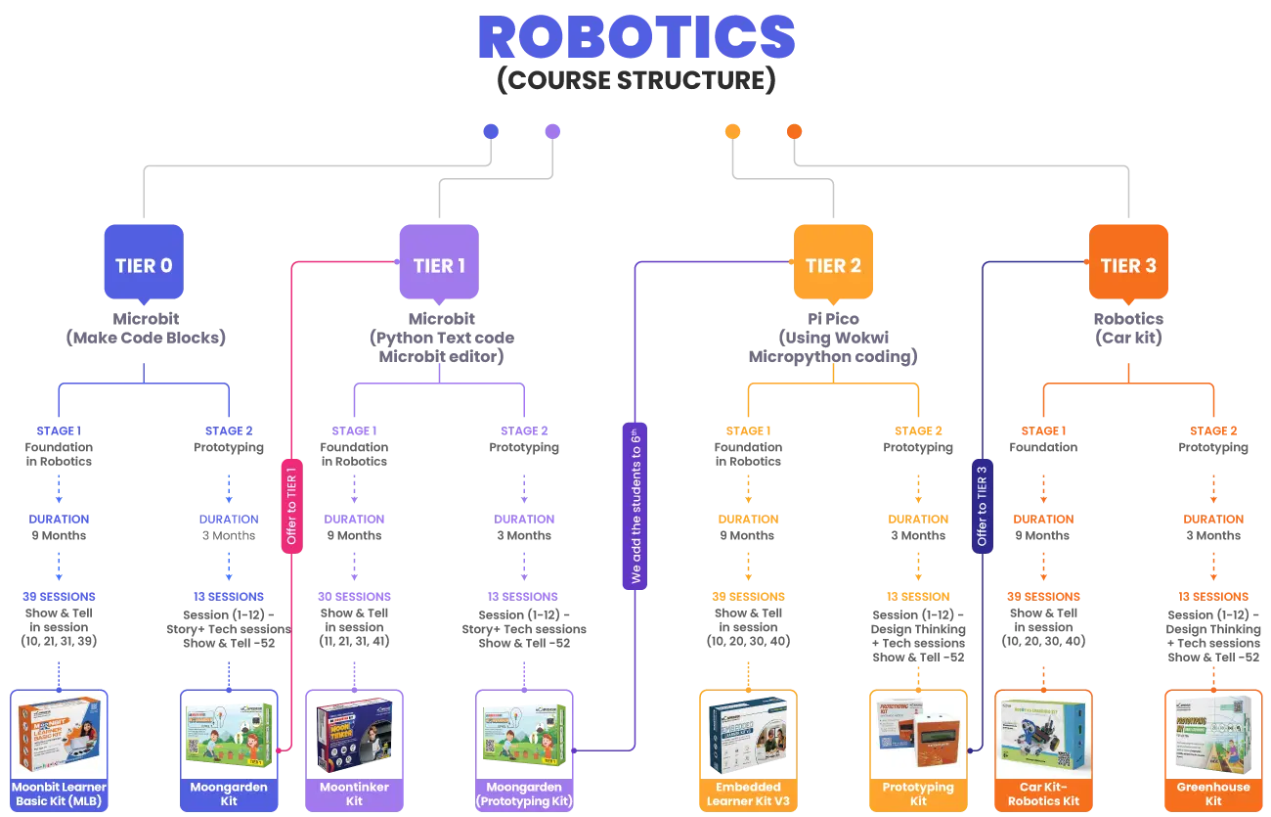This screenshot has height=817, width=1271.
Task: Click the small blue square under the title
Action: [491, 130]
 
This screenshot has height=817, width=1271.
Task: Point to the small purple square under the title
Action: [551, 130]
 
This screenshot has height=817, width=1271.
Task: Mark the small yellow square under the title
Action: [730, 130]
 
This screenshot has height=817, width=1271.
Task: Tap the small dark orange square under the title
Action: [794, 130]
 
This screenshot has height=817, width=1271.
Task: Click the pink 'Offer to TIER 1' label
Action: [291, 503]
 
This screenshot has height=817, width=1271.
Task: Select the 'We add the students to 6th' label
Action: [635, 505]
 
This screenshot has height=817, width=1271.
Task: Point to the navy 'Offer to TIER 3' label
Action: [982, 503]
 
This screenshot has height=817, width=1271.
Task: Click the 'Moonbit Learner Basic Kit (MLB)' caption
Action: [59, 794]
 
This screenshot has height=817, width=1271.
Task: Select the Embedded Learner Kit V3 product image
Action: [748, 733]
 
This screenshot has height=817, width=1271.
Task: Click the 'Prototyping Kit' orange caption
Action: [918, 794]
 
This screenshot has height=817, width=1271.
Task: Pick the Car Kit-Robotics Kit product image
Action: [1044, 733]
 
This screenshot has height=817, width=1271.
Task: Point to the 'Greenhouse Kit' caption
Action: [1213, 794]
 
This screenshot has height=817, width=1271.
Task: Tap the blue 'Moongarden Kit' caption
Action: [230, 794]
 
